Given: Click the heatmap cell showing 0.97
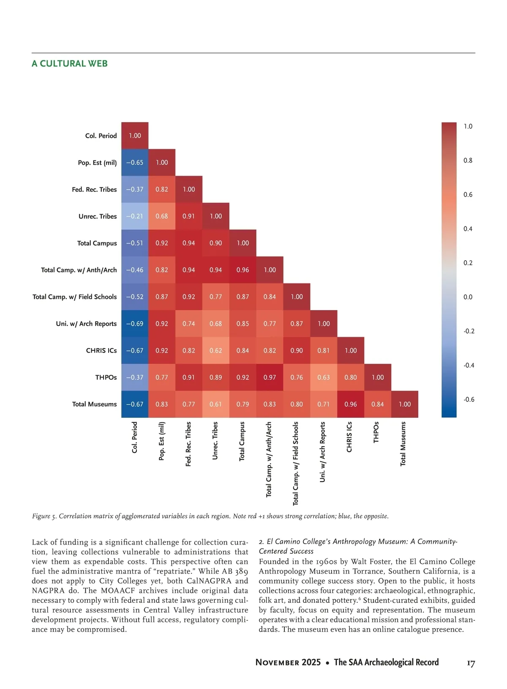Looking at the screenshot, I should click(x=270, y=377).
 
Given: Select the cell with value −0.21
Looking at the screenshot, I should click(x=135, y=216).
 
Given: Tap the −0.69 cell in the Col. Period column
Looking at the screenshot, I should click(x=135, y=324).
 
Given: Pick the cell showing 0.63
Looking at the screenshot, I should click(x=324, y=377).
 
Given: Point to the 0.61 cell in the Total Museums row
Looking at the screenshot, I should click(x=215, y=404).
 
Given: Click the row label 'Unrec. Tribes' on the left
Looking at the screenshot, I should click(x=98, y=216).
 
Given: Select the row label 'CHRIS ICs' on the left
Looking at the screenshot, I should click(x=101, y=351).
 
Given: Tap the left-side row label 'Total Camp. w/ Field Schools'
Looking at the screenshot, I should click(x=75, y=297).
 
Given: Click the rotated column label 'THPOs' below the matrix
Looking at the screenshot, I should click(x=376, y=432).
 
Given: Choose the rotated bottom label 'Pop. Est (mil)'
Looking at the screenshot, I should click(x=162, y=441).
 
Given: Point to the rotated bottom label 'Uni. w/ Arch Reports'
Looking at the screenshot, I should click(x=323, y=452).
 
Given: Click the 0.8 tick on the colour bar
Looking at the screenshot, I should click(x=468, y=161).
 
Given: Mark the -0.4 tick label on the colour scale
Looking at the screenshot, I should click(x=469, y=365).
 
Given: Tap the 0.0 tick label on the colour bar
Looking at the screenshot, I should click(x=468, y=297).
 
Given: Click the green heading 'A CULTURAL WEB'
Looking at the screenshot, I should click(x=70, y=64).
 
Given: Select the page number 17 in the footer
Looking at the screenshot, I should click(x=471, y=663).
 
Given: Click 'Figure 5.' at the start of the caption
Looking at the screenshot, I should click(x=44, y=516).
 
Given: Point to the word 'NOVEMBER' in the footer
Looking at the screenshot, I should click(x=288, y=662).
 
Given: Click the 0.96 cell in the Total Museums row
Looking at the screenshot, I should click(x=351, y=404).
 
